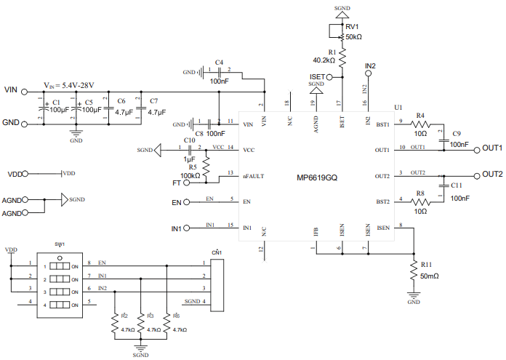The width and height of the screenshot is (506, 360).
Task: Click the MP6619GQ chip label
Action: pos(316,177)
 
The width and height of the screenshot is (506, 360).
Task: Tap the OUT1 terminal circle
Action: pos(476,150)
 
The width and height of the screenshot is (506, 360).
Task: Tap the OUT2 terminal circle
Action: pos(476,175)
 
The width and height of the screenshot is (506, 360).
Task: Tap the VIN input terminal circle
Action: pos(25,92)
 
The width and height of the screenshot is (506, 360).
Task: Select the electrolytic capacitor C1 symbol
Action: pos(41,111)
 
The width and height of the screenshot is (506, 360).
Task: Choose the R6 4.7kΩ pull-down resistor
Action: pos(167,322)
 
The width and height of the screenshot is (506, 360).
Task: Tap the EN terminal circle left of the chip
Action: pos(187,202)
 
